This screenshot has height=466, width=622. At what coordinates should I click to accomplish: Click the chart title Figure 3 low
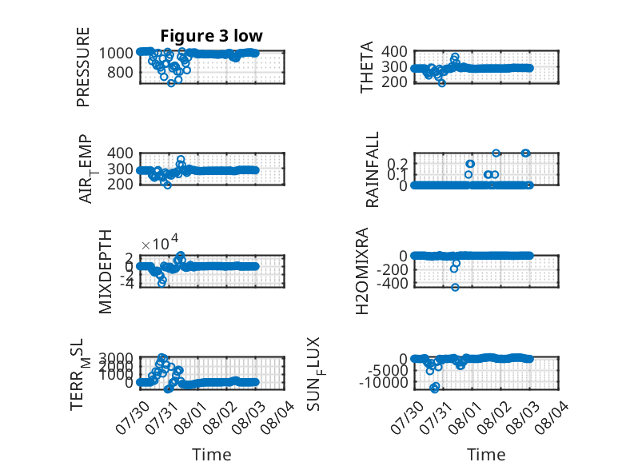click(x=211, y=36)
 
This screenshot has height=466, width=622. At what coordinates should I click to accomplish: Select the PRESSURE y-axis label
click(x=83, y=67)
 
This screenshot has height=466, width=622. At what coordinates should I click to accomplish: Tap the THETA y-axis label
click(x=367, y=67)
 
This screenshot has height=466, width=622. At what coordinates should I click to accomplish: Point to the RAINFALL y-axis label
click(x=373, y=169)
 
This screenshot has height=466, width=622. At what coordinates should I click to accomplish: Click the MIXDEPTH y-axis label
click(x=106, y=272)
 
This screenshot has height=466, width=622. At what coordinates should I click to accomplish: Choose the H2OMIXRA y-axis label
click(x=363, y=271)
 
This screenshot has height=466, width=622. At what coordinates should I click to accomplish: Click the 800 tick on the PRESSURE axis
click(x=121, y=73)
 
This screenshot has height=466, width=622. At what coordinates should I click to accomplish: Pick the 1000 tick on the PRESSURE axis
click(x=116, y=53)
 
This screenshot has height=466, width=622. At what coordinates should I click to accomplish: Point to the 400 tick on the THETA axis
click(x=395, y=52)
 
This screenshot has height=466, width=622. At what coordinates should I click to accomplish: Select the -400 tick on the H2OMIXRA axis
click(x=392, y=284)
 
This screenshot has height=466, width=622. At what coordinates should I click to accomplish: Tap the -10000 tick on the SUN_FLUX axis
click(x=384, y=383)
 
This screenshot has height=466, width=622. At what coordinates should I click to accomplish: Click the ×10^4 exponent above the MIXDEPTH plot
click(x=160, y=243)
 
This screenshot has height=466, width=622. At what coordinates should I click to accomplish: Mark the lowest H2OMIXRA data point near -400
click(x=455, y=287)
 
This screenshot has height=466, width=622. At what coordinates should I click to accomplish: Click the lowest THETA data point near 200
click(x=442, y=83)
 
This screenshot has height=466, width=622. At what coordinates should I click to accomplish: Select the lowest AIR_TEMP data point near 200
click(x=167, y=185)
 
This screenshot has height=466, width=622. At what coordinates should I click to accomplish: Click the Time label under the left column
click(x=211, y=455)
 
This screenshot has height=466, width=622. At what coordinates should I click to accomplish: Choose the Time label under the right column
click(x=486, y=455)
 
